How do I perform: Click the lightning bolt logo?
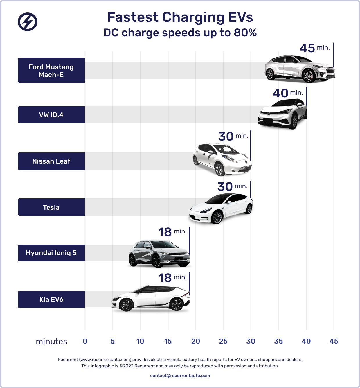[x=28, y=22]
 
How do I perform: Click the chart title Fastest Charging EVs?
[x=180, y=17]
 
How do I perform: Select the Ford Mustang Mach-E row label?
[x=51, y=71]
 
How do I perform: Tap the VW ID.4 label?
[x=51, y=115]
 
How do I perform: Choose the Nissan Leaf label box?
[x=51, y=161]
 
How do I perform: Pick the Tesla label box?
[x=51, y=207]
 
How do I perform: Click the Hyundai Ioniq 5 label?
[x=51, y=253]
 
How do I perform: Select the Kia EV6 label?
[x=51, y=299]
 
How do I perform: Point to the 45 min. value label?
[x=314, y=48]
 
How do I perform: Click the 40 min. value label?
[x=287, y=93]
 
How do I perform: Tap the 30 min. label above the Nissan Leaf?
[x=233, y=136]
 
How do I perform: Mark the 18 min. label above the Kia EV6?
[x=172, y=278]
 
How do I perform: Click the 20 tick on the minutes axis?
[x=195, y=341]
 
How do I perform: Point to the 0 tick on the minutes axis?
[x=85, y=341]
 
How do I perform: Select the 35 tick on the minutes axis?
[x=278, y=341]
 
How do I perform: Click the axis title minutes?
[x=51, y=342]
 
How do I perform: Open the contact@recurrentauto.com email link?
[x=180, y=376]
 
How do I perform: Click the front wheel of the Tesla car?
[x=217, y=217]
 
